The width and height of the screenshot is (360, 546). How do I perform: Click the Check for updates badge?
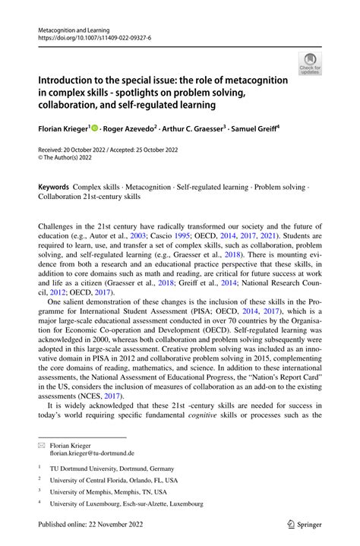coord(310,62)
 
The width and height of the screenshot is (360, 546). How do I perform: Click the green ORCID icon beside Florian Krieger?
coord(96,128)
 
